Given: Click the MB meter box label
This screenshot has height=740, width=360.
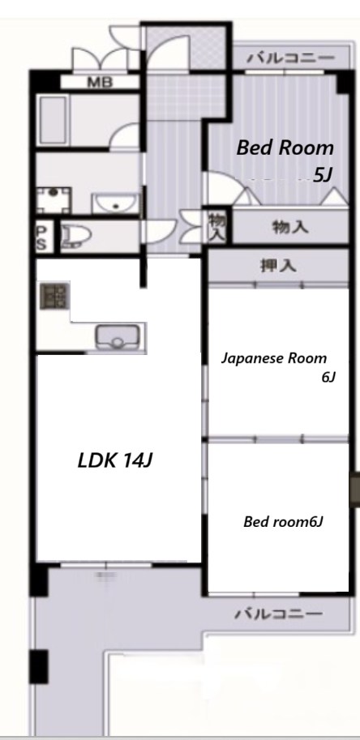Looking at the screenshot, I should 101,82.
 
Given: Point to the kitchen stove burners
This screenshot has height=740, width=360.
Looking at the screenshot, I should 54,297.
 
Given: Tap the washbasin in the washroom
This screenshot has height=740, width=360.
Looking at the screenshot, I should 115,202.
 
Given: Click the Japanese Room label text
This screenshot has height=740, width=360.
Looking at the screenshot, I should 276,357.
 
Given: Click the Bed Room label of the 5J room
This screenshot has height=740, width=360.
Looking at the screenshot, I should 285,148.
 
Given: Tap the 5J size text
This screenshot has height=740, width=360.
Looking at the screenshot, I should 323,173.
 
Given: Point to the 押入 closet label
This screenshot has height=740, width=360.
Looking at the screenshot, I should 277,265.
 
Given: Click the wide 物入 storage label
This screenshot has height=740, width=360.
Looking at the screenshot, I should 289,228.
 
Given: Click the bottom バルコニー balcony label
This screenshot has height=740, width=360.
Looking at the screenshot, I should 278,614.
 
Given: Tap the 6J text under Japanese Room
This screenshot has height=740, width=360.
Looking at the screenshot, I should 328,376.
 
